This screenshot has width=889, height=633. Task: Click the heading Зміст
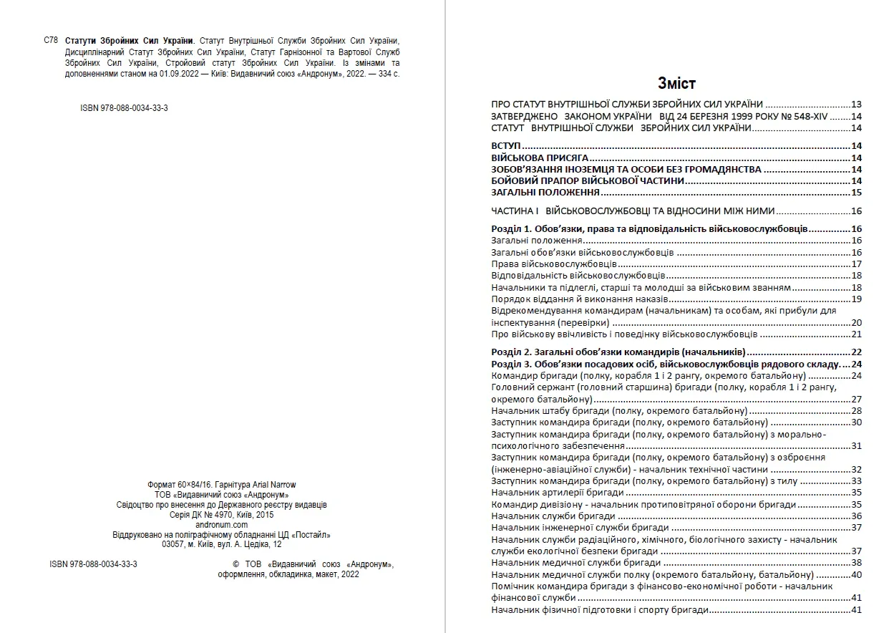676,83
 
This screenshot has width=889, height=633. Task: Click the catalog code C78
51,41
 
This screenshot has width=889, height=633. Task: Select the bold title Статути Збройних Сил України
129,41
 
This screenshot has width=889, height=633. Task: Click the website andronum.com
221,525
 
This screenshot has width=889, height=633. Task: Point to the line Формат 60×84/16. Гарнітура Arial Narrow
221,485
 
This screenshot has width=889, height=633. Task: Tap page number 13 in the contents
856,104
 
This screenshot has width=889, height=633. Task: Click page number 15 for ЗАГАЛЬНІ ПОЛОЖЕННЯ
856,193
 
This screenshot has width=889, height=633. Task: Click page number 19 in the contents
856,299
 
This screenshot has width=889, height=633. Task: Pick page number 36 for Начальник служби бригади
856,516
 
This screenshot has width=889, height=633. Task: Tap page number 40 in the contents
856,575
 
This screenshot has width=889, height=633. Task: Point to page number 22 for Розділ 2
856,352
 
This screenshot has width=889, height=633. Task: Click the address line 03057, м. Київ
222,544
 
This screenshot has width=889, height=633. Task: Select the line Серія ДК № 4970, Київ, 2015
221,515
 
